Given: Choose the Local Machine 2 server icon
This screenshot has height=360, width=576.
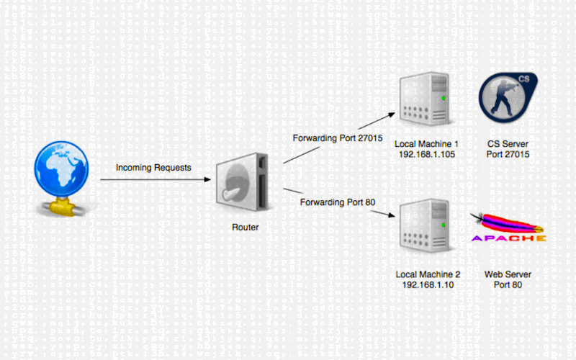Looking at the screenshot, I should (427, 228).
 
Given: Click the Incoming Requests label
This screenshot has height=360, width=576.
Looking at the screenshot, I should (154, 168).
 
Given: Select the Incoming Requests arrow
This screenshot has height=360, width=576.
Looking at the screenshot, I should (155, 180).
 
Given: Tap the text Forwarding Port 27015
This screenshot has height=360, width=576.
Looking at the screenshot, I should (336, 138).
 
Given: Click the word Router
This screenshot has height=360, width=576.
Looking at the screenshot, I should (245, 228).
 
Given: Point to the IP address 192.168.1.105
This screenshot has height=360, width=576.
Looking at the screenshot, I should (427, 155).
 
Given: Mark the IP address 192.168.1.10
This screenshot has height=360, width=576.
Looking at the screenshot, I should (427, 285).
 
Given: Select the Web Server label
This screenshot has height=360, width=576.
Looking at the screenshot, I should (503, 274).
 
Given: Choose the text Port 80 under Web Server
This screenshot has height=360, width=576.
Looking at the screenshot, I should (503, 285).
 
